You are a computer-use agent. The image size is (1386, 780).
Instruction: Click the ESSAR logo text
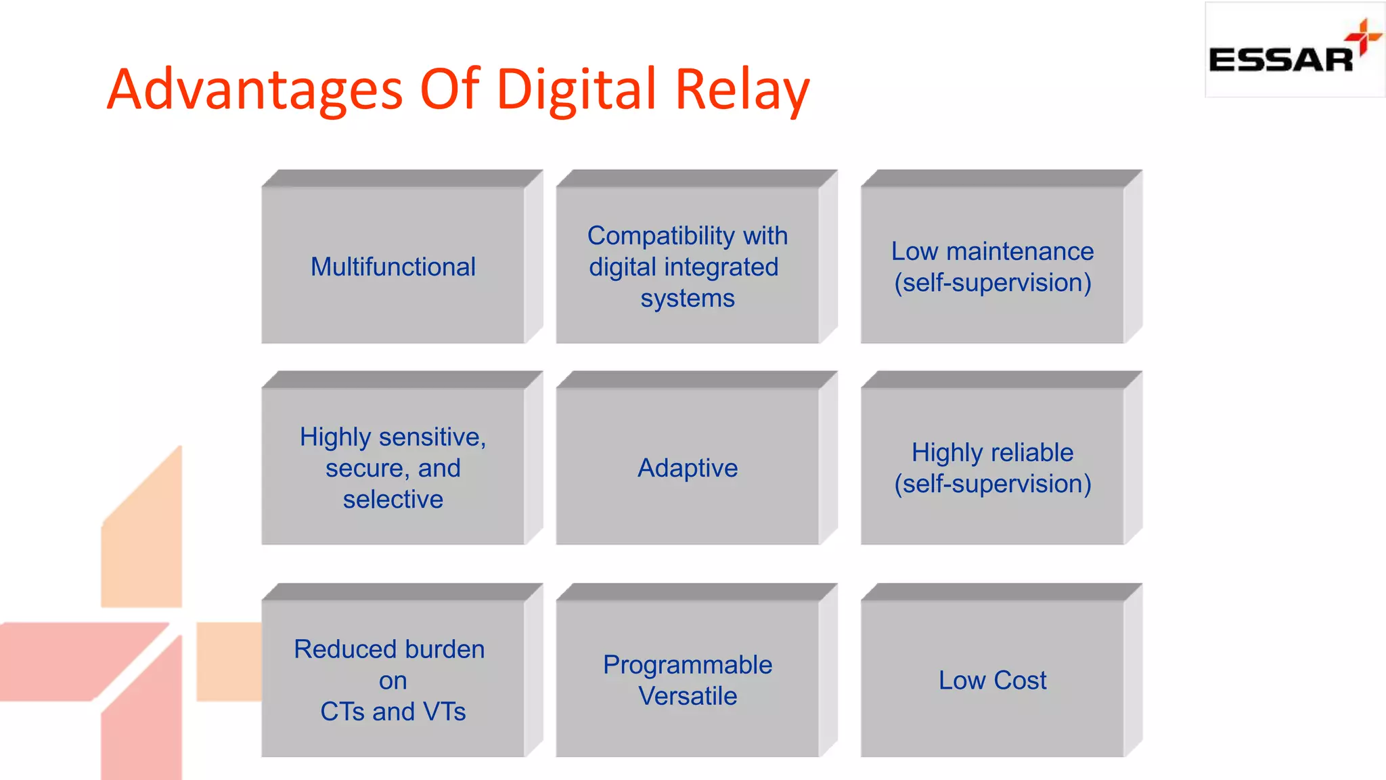click(x=1280, y=60)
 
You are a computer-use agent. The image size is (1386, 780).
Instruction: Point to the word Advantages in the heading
click(x=255, y=89)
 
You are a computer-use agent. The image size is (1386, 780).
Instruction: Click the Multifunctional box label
click(x=393, y=267)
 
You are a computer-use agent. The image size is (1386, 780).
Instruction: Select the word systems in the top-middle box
click(x=688, y=298)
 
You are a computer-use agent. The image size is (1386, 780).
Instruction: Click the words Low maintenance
click(x=992, y=251)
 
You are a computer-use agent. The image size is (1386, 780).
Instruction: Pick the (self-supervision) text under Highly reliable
click(x=992, y=484)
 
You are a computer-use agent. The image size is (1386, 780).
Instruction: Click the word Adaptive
click(x=688, y=468)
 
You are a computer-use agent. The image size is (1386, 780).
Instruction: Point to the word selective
click(x=393, y=500)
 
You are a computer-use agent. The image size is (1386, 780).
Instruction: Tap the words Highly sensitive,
click(x=393, y=437)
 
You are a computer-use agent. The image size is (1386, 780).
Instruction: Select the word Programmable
click(x=688, y=665)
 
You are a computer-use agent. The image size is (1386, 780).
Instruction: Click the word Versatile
click(x=688, y=696)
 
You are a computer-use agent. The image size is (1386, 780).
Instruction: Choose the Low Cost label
click(x=992, y=680)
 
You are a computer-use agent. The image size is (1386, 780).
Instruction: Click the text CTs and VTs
click(x=393, y=712)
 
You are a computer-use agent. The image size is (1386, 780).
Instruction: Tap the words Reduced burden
click(x=389, y=649)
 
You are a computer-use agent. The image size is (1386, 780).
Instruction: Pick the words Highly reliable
click(x=992, y=452)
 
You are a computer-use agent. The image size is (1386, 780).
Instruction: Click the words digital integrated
click(x=684, y=267)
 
